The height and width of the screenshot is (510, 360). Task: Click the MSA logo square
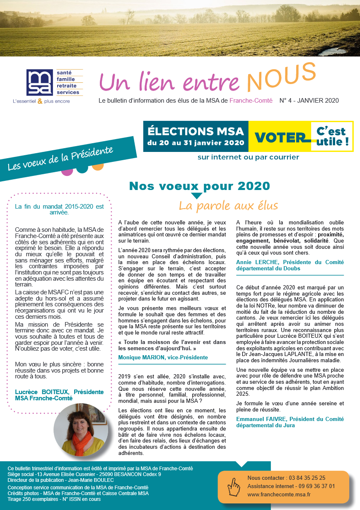tap(40, 83)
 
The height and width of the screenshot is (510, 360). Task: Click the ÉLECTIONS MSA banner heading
tap(196, 132)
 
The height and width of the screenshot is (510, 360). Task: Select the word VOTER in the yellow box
tap(280, 137)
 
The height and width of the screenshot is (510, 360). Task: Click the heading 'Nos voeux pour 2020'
tap(199, 186)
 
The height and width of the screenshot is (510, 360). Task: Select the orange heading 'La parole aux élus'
tap(228, 205)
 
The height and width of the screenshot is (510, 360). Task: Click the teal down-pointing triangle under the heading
tap(197, 196)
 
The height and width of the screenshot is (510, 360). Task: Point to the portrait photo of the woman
tap(81, 430)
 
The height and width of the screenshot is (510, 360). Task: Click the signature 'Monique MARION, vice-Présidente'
tap(163, 357)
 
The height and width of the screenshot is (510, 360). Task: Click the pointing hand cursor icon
tap(235, 487)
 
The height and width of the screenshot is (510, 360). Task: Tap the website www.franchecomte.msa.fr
tap(279, 494)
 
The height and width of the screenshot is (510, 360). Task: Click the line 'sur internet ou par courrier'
tap(248, 157)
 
